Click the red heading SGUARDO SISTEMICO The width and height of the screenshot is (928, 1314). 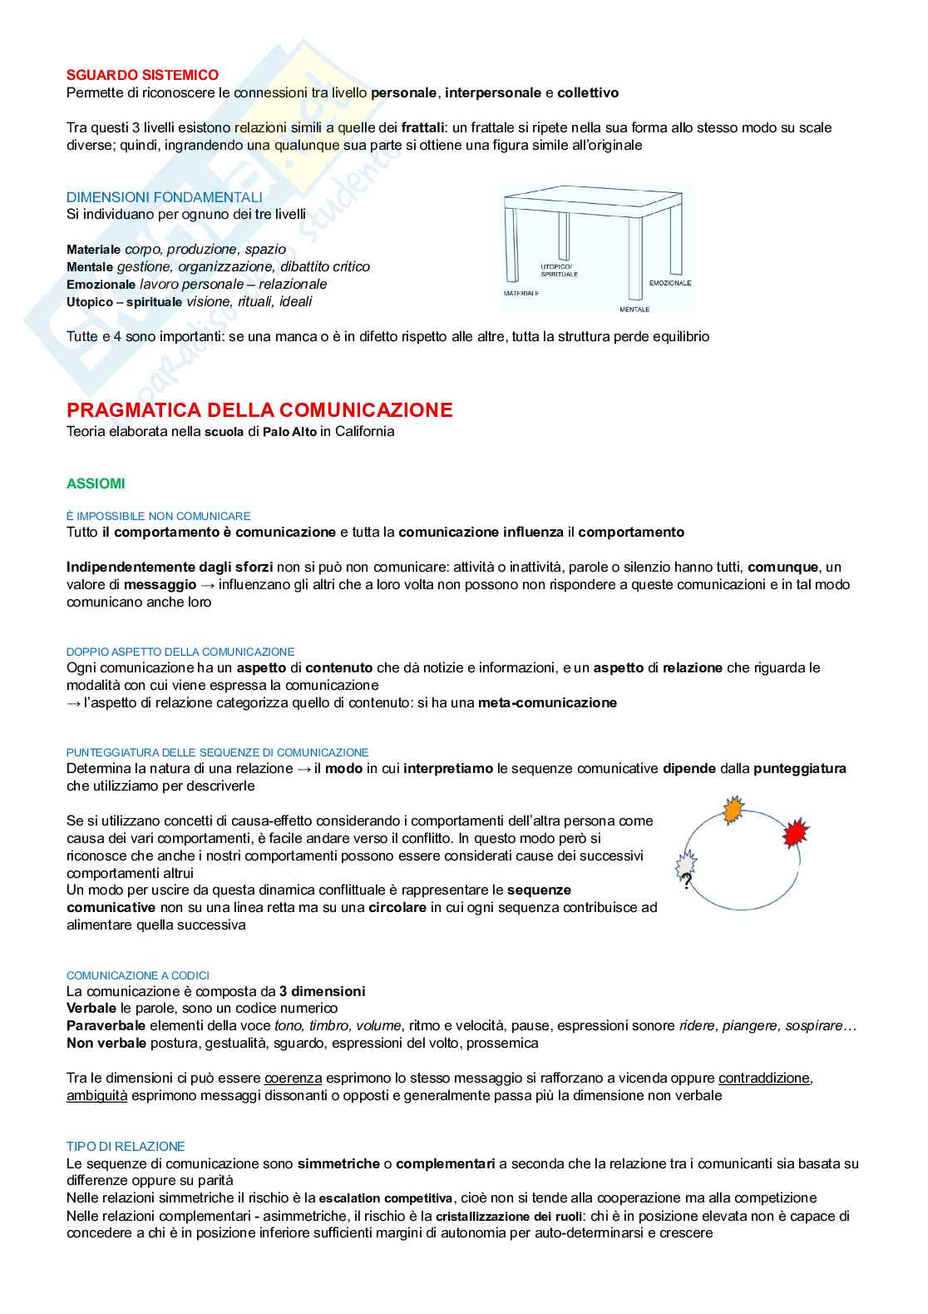click(x=142, y=75)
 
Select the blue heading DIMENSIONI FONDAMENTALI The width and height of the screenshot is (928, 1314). click(x=164, y=197)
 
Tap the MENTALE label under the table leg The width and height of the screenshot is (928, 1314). click(x=634, y=310)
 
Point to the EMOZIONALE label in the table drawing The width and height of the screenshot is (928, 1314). click(x=669, y=283)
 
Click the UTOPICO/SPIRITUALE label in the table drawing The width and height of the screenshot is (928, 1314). click(x=559, y=270)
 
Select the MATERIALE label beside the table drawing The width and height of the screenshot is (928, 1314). click(x=521, y=294)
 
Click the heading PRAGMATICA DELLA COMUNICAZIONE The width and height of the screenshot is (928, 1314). click(x=259, y=410)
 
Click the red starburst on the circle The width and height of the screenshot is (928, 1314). click(x=796, y=832)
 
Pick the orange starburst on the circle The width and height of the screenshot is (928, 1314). click(x=733, y=810)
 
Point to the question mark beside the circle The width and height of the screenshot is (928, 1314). click(x=686, y=881)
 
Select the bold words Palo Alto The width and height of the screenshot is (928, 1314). click(x=289, y=432)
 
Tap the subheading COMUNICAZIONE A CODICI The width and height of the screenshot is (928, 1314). click(x=138, y=975)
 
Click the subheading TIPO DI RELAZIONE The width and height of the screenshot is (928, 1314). click(x=126, y=1146)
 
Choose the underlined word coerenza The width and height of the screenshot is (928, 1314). click(x=293, y=1078)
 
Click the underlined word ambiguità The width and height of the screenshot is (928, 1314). click(x=97, y=1095)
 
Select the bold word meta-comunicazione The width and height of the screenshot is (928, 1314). click(x=547, y=702)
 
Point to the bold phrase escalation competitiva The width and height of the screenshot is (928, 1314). click(x=386, y=1198)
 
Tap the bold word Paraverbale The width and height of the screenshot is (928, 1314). click(x=106, y=1025)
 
